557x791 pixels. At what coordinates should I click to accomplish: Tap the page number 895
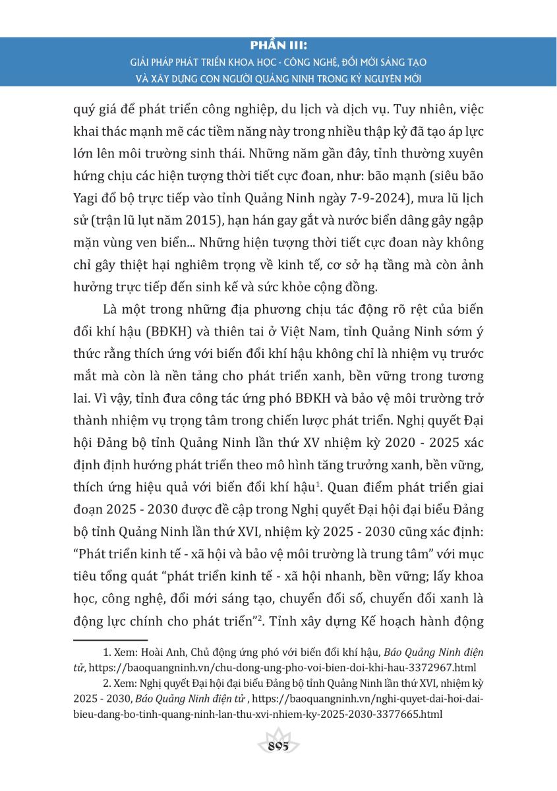coord(279,746)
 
